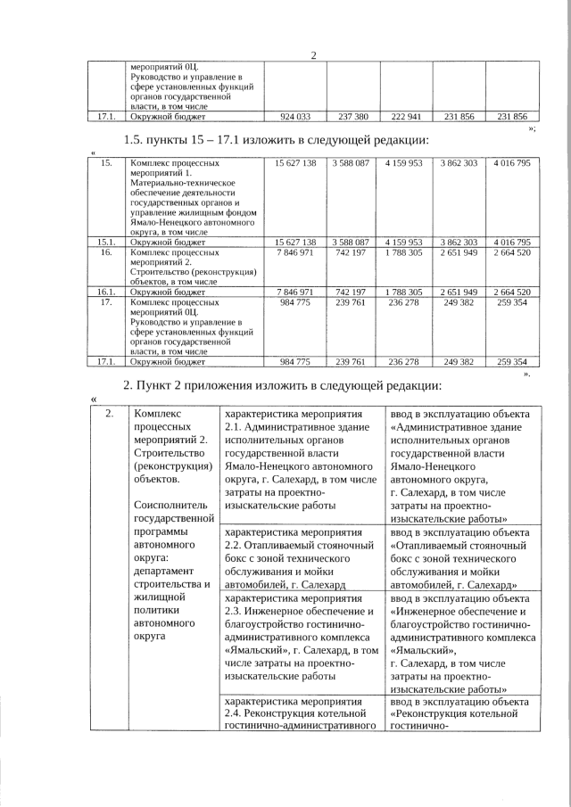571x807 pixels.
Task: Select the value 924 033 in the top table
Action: (294, 117)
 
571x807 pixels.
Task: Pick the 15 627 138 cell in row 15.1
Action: (294, 242)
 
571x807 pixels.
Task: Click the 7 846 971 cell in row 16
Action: (294, 253)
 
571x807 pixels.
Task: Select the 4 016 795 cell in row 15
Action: (511, 164)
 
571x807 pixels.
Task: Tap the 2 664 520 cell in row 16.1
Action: (511, 292)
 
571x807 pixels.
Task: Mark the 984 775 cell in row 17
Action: (294, 303)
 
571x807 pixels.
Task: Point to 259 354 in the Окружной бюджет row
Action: (511, 362)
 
